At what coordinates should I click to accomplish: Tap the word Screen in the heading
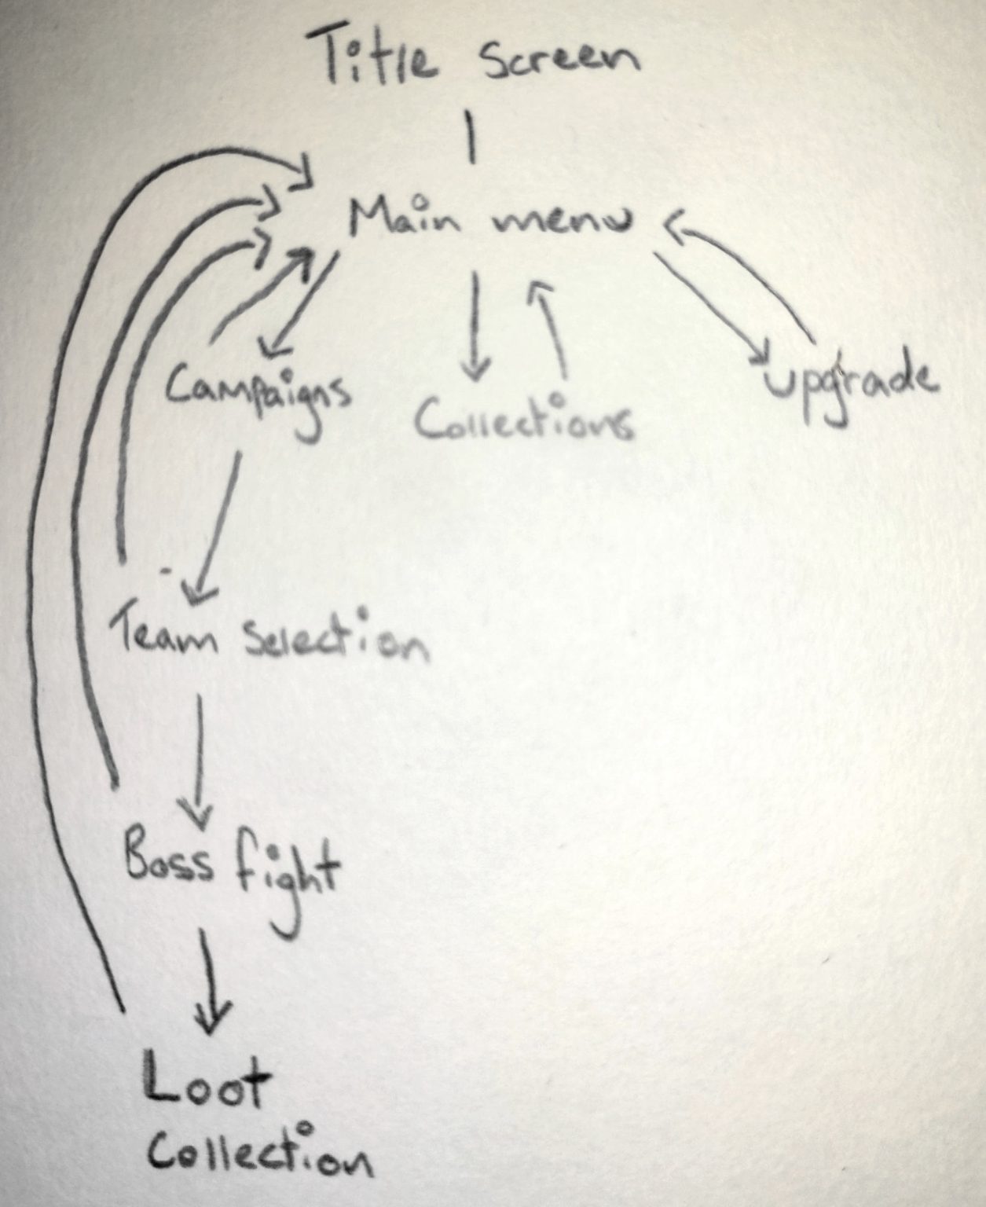(560, 61)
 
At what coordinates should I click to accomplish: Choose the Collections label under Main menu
(523, 420)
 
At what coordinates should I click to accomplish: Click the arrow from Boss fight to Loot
(210, 981)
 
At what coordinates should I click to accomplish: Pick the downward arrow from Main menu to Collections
(476, 326)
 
